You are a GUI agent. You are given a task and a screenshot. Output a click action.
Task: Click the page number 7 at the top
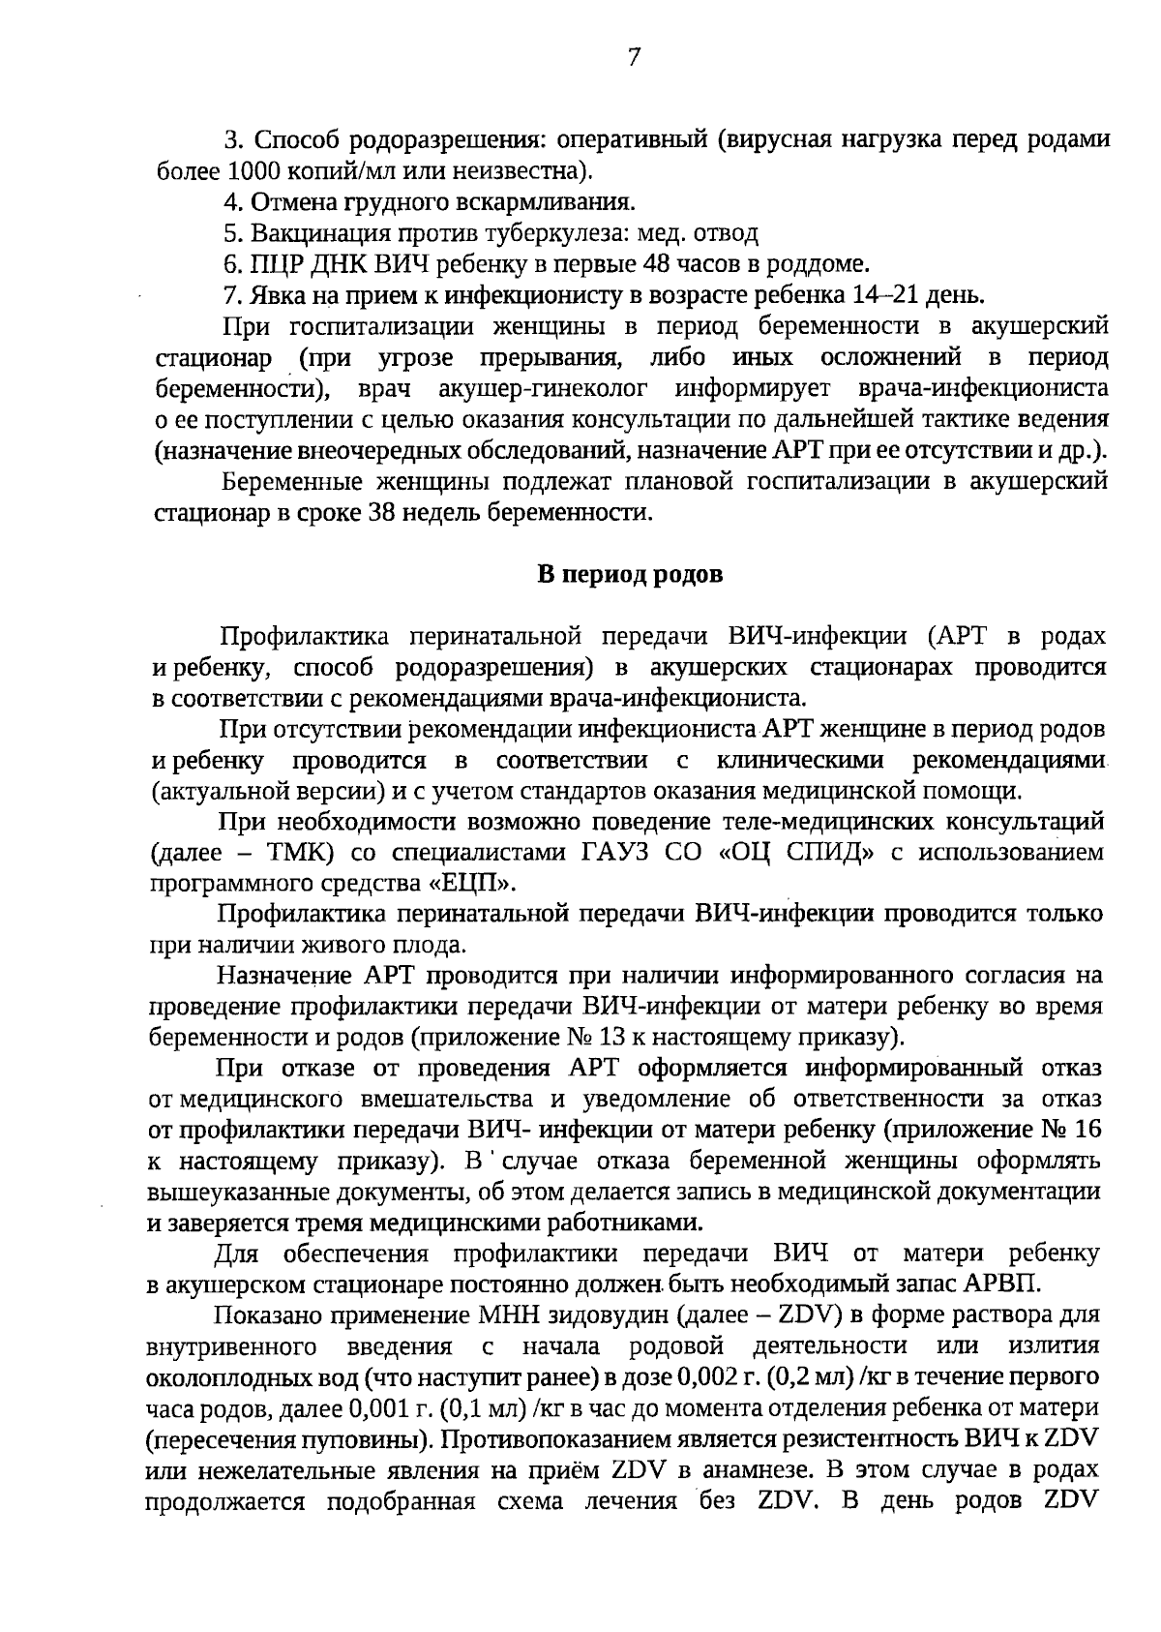tap(634, 58)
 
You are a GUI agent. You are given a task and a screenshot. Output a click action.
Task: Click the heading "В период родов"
tap(630, 574)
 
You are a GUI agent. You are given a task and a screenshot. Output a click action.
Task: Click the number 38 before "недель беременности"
tap(379, 512)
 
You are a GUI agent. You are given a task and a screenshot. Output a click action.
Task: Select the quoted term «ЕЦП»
tap(471, 883)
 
